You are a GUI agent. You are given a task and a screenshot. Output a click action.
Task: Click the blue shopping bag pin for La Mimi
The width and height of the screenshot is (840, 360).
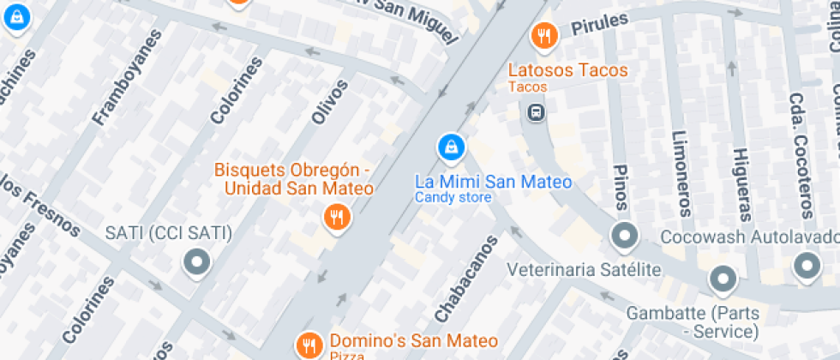click(451, 147)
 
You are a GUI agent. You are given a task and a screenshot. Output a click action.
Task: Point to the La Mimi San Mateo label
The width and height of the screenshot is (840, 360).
click(493, 182)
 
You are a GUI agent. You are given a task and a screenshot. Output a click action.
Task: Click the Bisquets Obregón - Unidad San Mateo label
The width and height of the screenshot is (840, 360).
click(293, 178)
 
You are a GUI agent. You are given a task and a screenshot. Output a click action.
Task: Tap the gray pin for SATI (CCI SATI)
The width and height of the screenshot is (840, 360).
click(198, 262)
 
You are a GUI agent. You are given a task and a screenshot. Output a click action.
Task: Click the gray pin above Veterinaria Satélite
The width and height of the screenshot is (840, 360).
click(625, 235)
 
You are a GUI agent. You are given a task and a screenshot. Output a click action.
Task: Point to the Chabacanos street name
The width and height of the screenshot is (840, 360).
click(465, 279)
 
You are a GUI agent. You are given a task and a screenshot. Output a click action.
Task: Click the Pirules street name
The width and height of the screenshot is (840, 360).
click(599, 23)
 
